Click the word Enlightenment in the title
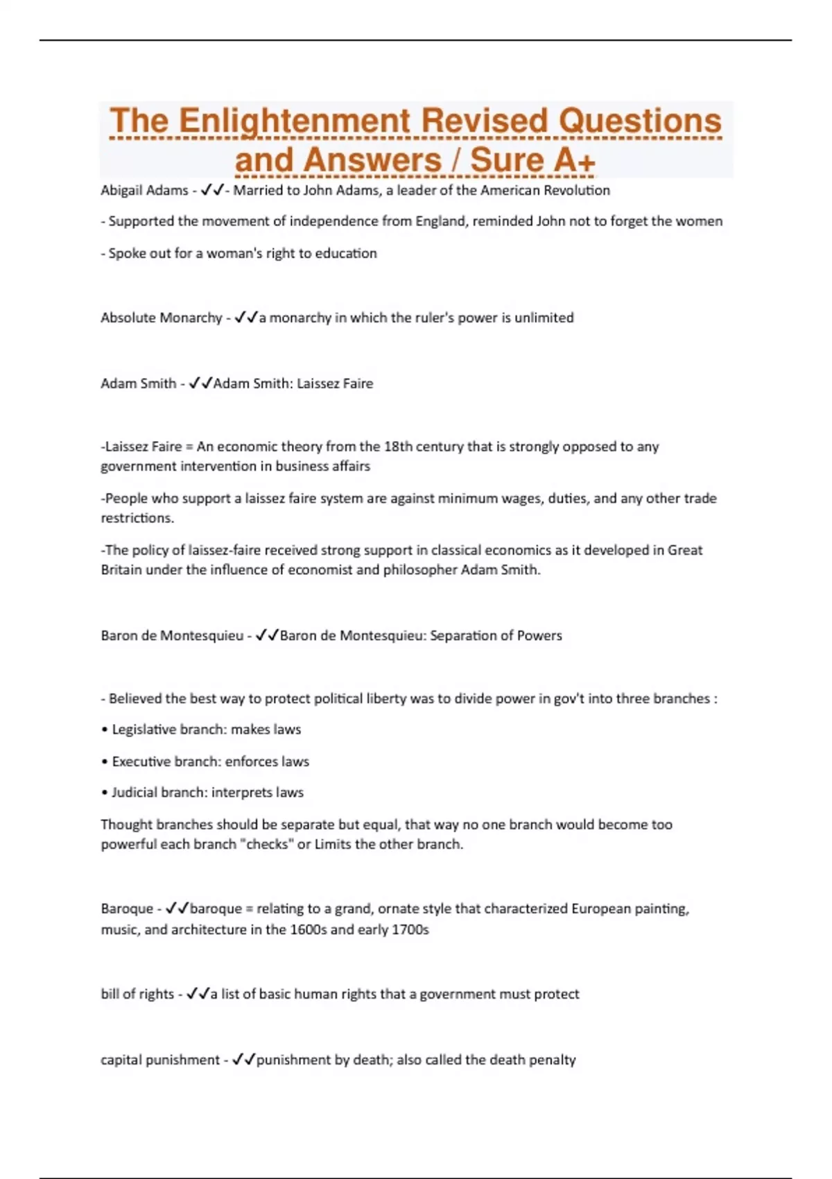(295, 121)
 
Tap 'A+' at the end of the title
(574, 160)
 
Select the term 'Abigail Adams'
(144, 191)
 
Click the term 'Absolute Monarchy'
(161, 318)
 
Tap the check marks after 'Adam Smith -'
(200, 384)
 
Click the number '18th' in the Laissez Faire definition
(400, 447)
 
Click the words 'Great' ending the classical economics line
(685, 550)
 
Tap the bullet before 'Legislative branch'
(105, 730)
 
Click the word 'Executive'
(141, 761)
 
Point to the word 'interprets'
(242, 793)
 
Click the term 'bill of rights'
(137, 994)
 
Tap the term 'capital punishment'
(160, 1060)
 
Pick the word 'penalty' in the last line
(551, 1060)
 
